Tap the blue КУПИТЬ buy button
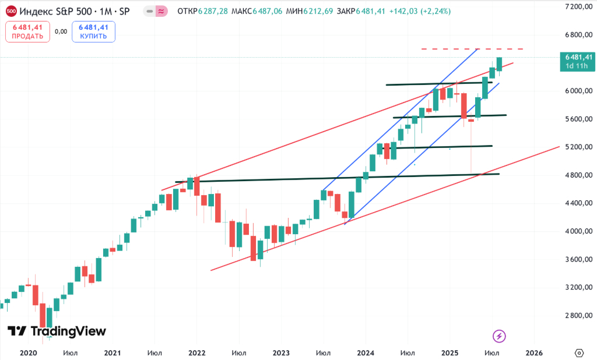(x=93, y=31)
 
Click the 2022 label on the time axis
(x=197, y=352)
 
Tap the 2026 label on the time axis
(x=534, y=352)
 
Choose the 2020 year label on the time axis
(x=28, y=352)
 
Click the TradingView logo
(x=57, y=331)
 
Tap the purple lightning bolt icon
(x=499, y=336)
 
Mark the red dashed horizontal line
(x=472, y=49)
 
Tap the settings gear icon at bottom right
(x=579, y=352)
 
